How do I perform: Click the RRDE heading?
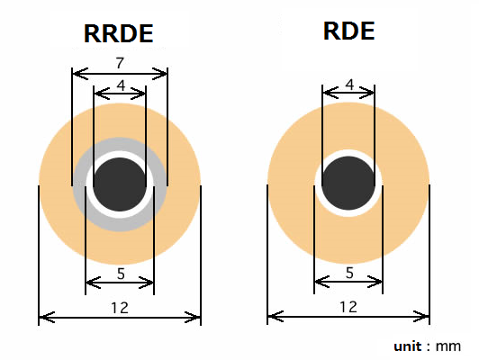click(119, 33)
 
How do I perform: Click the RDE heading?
click(348, 31)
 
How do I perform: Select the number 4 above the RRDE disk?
click(120, 85)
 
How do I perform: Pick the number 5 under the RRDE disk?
click(119, 273)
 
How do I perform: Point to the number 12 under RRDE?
click(119, 307)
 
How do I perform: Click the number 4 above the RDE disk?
click(349, 85)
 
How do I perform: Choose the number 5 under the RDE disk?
click(348, 273)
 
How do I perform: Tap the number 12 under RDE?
click(348, 307)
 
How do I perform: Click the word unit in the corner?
click(409, 346)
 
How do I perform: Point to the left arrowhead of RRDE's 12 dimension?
click(42, 317)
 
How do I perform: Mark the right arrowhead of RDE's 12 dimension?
click(426, 317)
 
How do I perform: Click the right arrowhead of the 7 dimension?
click(164, 72)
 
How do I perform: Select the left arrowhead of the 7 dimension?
click(76, 72)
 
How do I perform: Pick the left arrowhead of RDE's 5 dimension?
click(318, 284)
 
